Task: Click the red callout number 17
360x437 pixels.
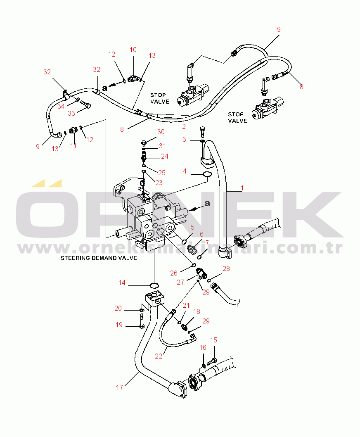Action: click(x=119, y=387)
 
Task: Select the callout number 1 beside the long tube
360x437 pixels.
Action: click(x=242, y=188)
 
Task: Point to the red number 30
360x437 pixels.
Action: click(x=161, y=132)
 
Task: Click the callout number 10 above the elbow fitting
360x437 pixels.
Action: click(x=133, y=50)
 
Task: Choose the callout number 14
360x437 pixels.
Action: click(x=122, y=283)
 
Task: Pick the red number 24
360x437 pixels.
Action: click(x=165, y=156)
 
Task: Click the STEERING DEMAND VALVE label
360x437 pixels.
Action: click(x=99, y=258)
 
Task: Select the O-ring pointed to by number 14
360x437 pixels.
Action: click(x=154, y=285)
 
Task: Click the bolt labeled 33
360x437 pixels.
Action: click(x=85, y=104)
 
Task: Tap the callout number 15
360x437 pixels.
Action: click(x=213, y=340)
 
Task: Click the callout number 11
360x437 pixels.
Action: click(x=73, y=146)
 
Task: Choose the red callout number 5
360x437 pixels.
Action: click(x=192, y=227)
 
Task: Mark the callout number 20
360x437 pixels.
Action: click(x=118, y=308)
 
